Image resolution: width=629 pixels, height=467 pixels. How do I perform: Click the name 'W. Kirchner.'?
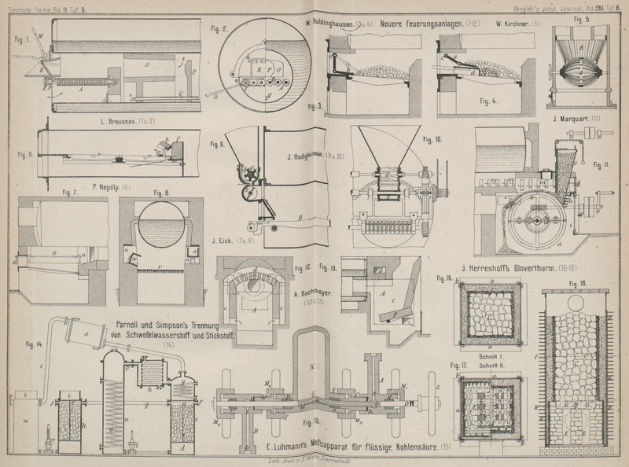[x=513, y=24]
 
